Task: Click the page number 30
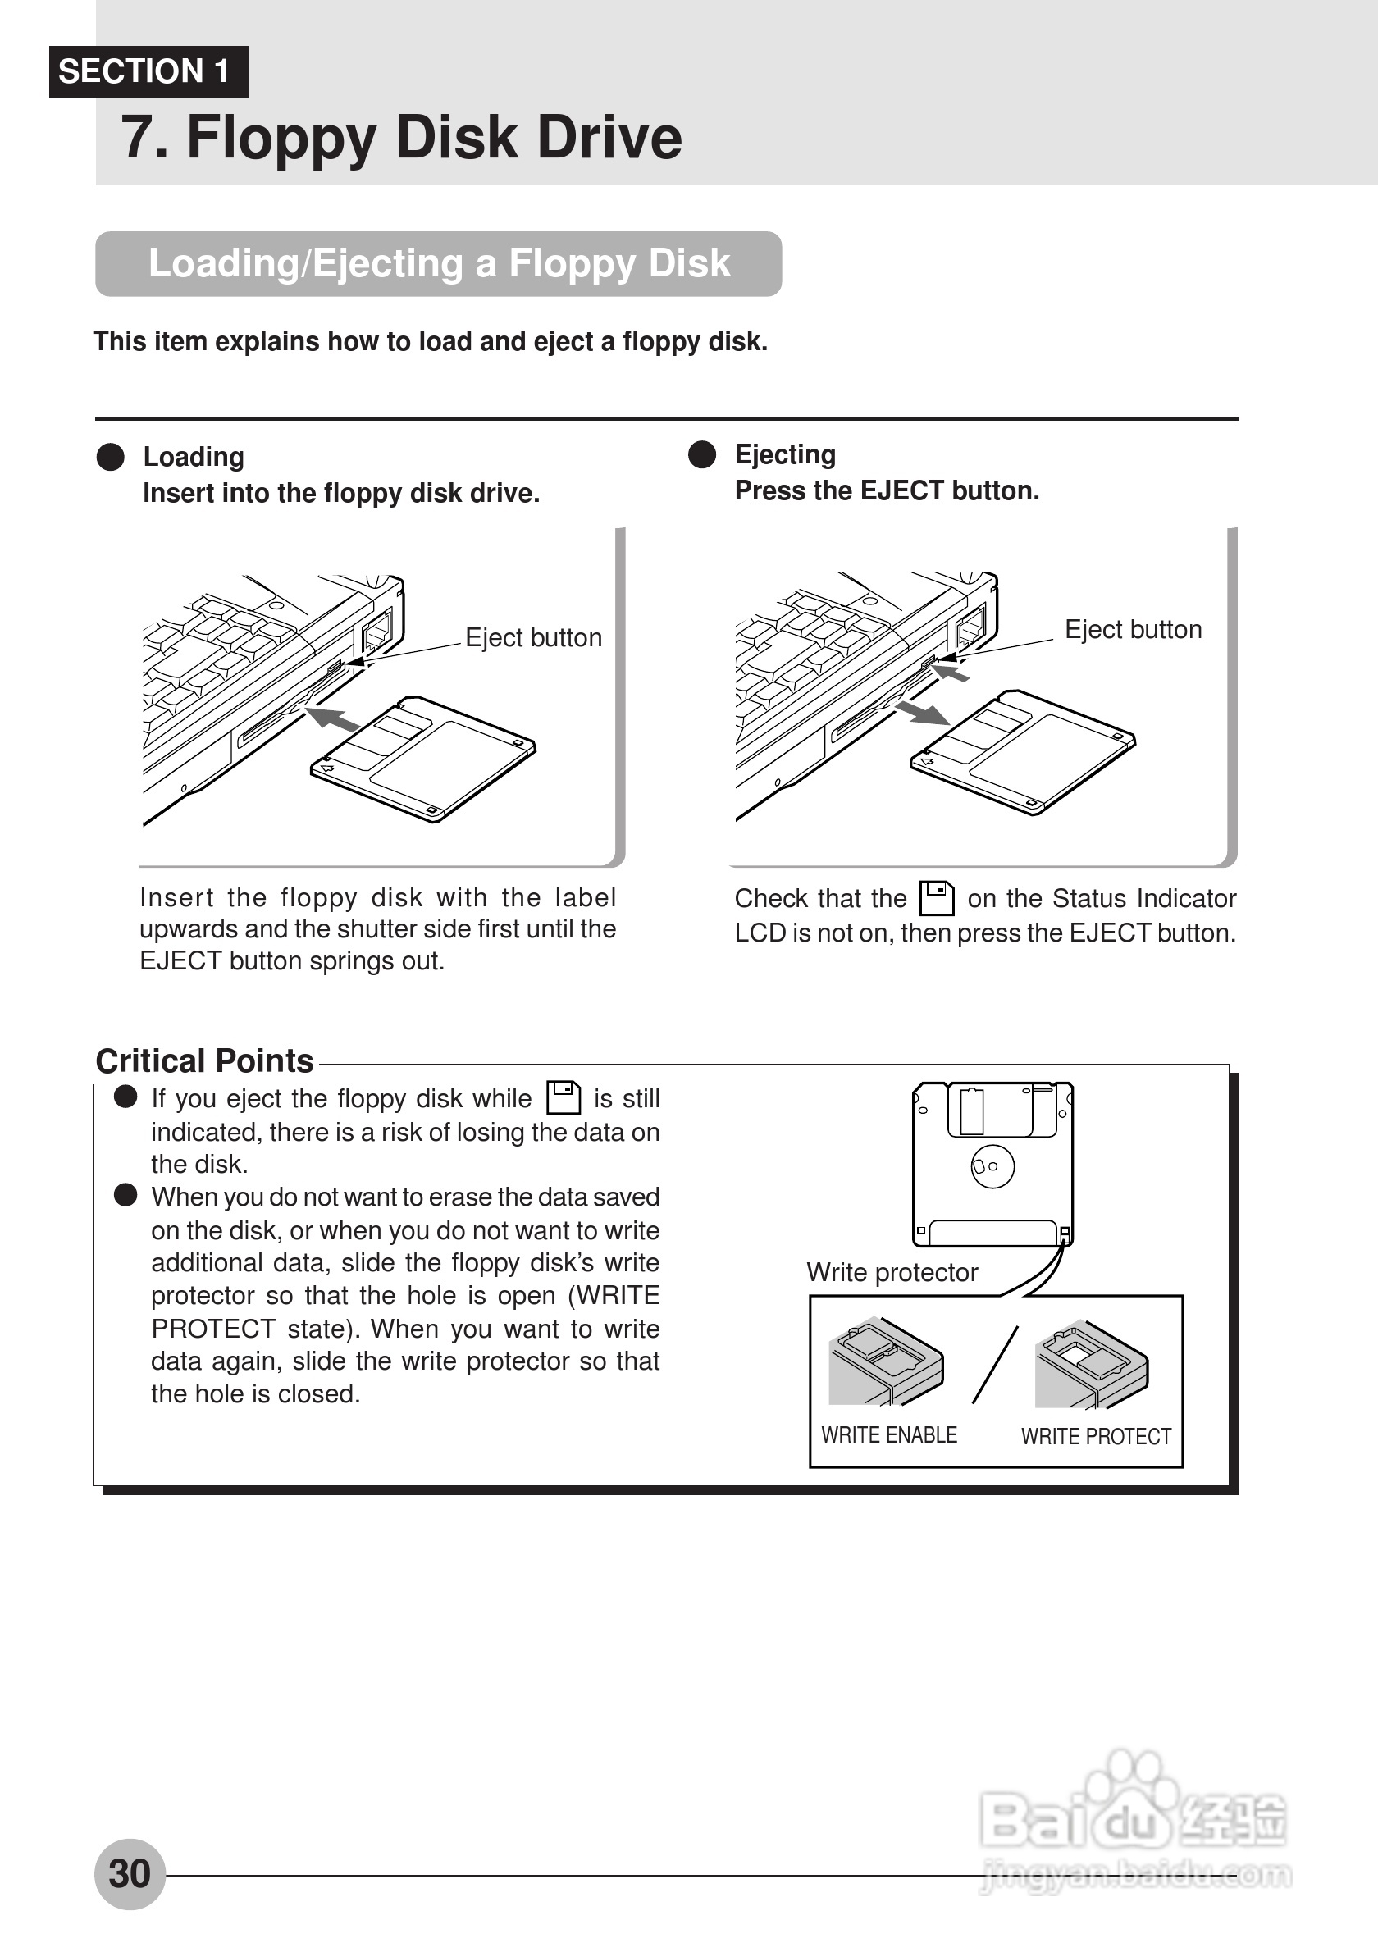pyautogui.click(x=130, y=1874)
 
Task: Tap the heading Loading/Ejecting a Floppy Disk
pyautogui.click(x=439, y=263)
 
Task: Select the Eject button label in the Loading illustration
pyautogui.click(x=533, y=637)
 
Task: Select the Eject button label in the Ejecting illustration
pyautogui.click(x=1134, y=629)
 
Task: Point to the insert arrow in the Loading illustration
pyautogui.click(x=332, y=718)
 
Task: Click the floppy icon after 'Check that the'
pyautogui.click(x=937, y=898)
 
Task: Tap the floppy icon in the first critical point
pyautogui.click(x=563, y=1097)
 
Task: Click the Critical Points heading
pyautogui.click(x=204, y=1061)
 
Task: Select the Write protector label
pyautogui.click(x=892, y=1272)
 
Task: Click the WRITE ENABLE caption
pyautogui.click(x=888, y=1435)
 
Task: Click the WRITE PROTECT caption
pyautogui.click(x=1096, y=1437)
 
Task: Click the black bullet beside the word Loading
pyautogui.click(x=111, y=457)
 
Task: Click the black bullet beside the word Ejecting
pyautogui.click(x=702, y=455)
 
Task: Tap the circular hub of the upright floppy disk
pyautogui.click(x=992, y=1165)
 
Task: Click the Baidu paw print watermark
pyautogui.click(x=1130, y=1786)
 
